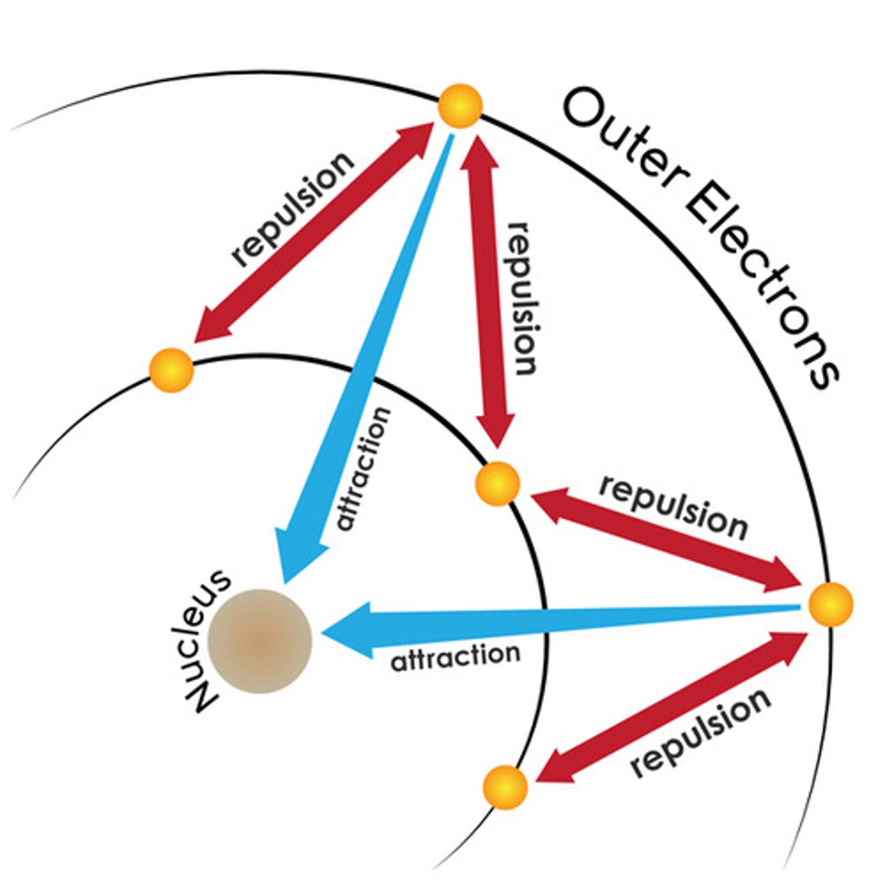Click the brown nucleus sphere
pos(260,641)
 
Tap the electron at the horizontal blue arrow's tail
pos(830,605)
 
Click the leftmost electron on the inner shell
pos(171,369)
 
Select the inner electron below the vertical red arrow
pos(498,484)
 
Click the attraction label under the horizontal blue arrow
pos(455,657)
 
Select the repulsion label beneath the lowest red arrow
pos(701,730)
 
